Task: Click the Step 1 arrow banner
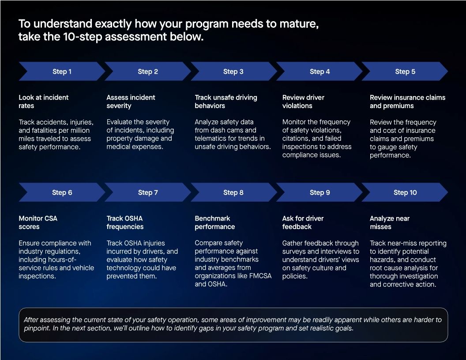click(x=62, y=71)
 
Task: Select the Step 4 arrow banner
click(x=319, y=71)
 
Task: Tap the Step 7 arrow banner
click(x=148, y=192)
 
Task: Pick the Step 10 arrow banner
click(x=405, y=192)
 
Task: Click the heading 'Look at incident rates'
click(x=44, y=101)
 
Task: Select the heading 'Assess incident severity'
click(x=131, y=101)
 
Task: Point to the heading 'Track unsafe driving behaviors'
click(x=225, y=101)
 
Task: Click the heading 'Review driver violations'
click(x=303, y=101)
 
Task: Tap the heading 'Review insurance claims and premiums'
click(x=407, y=101)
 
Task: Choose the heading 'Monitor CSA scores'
click(x=38, y=222)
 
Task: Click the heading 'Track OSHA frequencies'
click(x=125, y=222)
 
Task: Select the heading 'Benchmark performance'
click(x=214, y=222)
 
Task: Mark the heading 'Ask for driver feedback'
click(x=303, y=222)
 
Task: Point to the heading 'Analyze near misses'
click(x=390, y=222)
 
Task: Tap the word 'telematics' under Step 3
click(x=210, y=139)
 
